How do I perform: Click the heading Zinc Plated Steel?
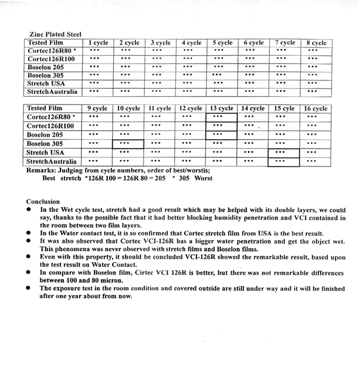[x=56, y=35]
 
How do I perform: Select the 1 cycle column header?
[x=98, y=43]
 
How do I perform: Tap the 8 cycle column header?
[x=316, y=43]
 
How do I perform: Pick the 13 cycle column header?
[x=222, y=109]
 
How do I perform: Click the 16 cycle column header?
[x=316, y=109]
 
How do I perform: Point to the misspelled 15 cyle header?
[x=284, y=109]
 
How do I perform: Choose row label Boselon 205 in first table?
[x=46, y=67]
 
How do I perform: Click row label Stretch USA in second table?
[x=45, y=153]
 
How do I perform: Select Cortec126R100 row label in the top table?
[x=50, y=59]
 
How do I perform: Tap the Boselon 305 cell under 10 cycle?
[x=128, y=144]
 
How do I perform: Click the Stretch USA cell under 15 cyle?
[x=284, y=153]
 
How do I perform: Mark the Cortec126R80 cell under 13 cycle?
[x=222, y=117]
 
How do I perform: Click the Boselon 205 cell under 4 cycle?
[x=191, y=67]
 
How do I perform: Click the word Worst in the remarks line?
[x=203, y=178]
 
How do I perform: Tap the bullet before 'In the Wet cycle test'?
[x=29, y=210]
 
